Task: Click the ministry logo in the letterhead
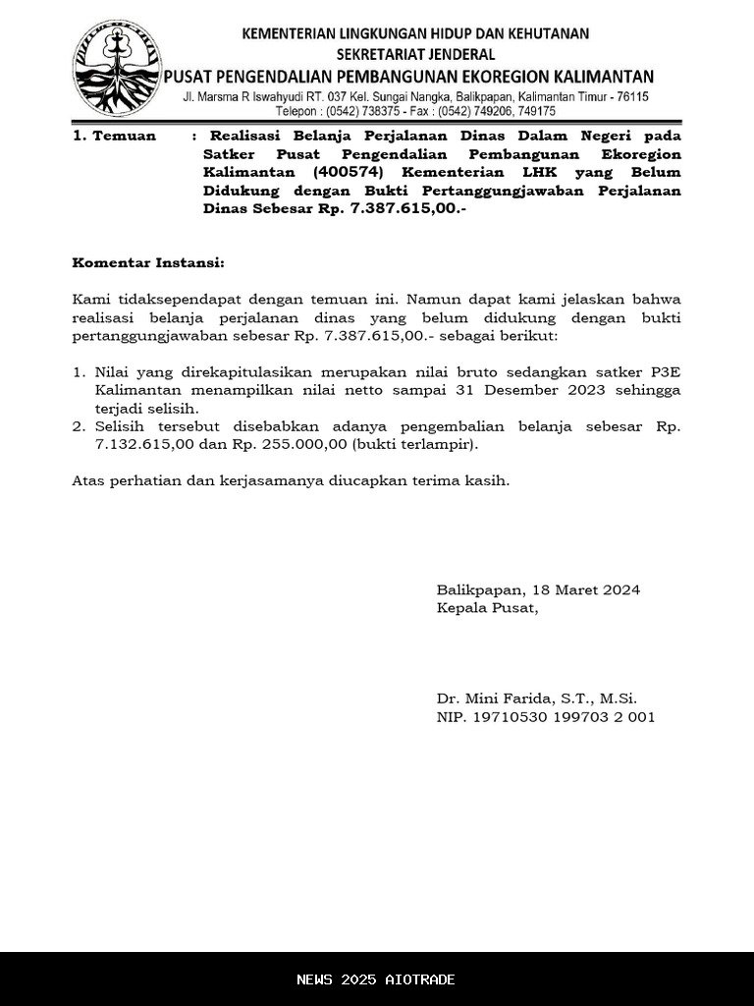[x=117, y=68]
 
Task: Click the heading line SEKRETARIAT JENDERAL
[x=416, y=55]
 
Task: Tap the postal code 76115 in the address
[x=628, y=97]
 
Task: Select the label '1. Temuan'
[x=114, y=137]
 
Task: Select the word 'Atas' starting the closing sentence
[x=88, y=481]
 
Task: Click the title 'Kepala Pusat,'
[x=488, y=608]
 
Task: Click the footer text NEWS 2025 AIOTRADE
[x=376, y=979]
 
